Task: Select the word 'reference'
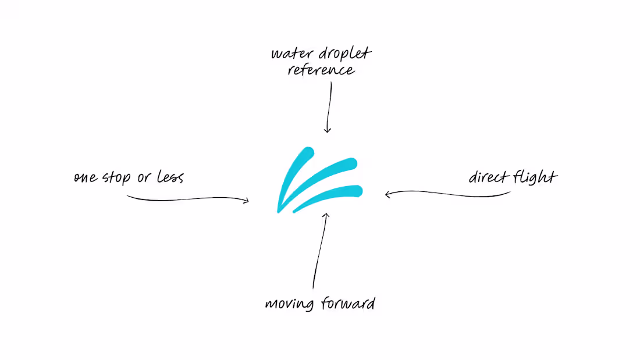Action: click(x=321, y=71)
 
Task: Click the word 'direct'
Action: click(x=488, y=177)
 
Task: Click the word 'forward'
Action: click(x=346, y=303)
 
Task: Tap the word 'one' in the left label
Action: click(x=86, y=177)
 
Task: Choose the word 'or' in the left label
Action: click(x=143, y=178)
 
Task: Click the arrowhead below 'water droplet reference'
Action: click(x=327, y=130)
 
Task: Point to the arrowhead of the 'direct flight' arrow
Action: click(x=388, y=194)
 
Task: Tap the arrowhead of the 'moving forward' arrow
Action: click(x=326, y=216)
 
